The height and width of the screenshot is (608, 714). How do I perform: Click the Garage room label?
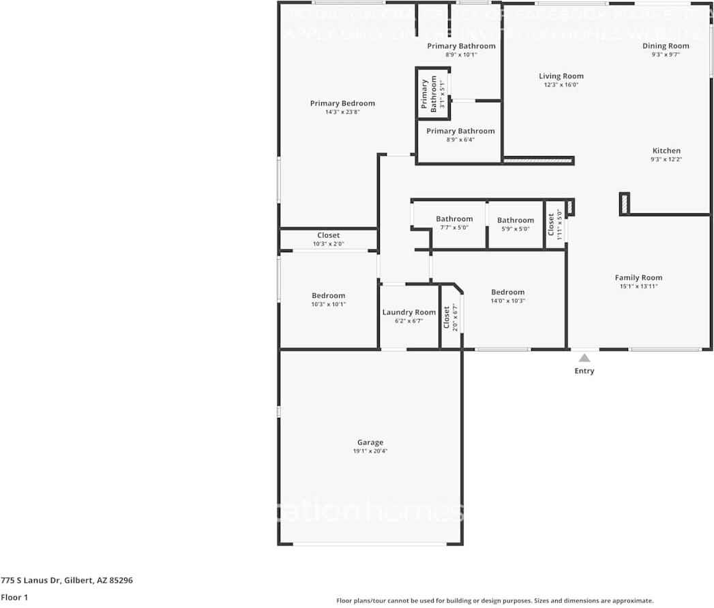[370, 442]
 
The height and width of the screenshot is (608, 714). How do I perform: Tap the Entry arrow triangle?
[584, 357]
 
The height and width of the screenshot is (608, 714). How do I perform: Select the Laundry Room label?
[408, 312]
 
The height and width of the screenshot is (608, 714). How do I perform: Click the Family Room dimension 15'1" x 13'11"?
[638, 286]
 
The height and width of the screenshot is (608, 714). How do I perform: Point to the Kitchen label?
[666, 151]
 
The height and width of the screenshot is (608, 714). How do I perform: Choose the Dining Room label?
[666, 46]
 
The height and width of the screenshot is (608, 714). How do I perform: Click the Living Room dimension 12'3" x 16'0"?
[561, 85]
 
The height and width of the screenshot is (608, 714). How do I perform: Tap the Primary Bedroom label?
[342, 104]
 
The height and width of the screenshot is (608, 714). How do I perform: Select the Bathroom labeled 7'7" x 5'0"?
[454, 219]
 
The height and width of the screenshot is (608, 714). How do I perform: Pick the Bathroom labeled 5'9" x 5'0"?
[515, 220]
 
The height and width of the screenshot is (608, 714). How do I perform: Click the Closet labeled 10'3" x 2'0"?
[328, 235]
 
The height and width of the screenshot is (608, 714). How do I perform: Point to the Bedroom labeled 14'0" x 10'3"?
[507, 292]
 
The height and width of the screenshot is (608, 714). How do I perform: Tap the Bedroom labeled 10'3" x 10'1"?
[328, 295]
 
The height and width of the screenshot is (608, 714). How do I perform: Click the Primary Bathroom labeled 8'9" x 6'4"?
[460, 131]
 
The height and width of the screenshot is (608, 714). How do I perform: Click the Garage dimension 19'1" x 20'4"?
[370, 451]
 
